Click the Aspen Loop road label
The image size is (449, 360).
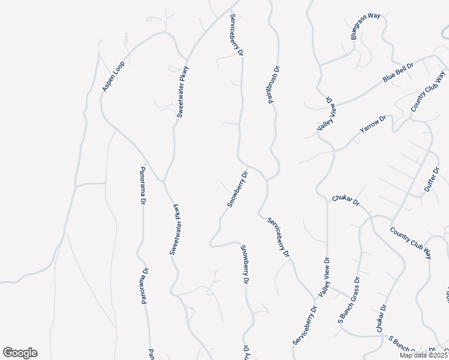(113, 76)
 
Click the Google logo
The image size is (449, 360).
(20, 353)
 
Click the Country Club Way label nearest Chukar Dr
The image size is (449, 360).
(411, 242)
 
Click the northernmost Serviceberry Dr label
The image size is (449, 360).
(236, 35)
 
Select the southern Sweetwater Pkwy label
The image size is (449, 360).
(175, 230)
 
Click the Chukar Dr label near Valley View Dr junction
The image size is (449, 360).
(345, 200)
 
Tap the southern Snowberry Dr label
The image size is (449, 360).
(244, 265)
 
